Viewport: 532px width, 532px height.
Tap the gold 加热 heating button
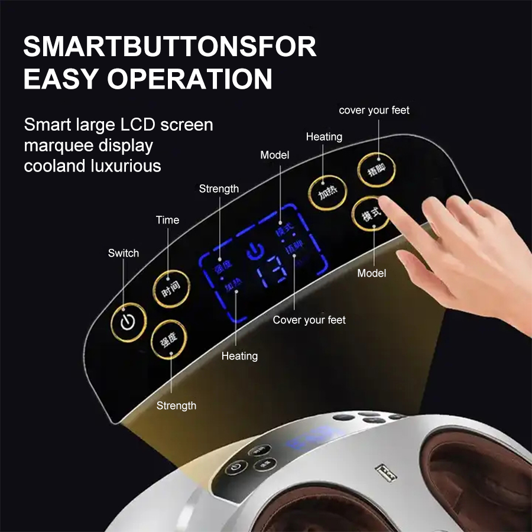pyautogui.click(x=327, y=193)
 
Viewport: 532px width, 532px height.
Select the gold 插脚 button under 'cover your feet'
pyautogui.click(x=376, y=170)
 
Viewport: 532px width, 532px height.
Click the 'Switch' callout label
pyautogui.click(x=124, y=253)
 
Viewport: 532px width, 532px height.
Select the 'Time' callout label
pyautogui.click(x=167, y=220)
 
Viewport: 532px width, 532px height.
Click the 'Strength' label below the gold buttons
pyautogui.click(x=176, y=406)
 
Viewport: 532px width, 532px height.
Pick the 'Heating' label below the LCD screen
pyautogui.click(x=239, y=356)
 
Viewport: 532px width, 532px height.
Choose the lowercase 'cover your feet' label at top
pyautogui.click(x=374, y=110)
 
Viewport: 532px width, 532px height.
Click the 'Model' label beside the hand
pyautogui.click(x=372, y=273)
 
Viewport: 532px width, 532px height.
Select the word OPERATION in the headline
pyautogui.click(x=190, y=79)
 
